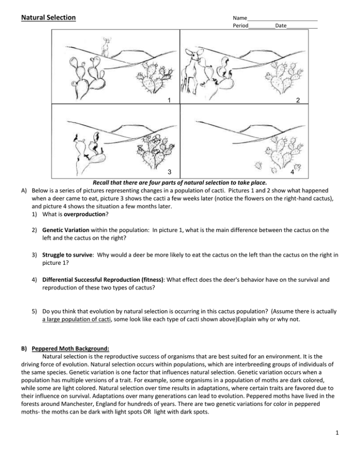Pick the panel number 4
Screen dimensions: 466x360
(305, 173)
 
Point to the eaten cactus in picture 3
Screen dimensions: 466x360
(89, 150)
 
